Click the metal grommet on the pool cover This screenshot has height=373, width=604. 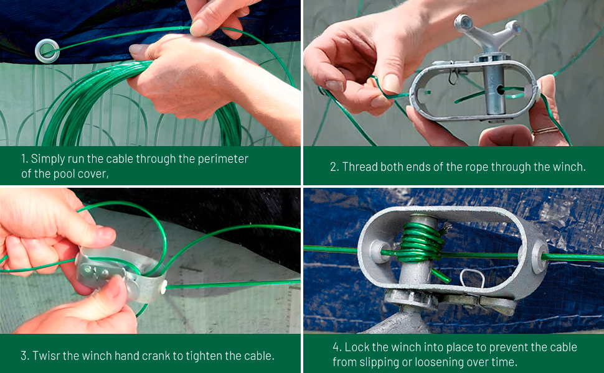coord(47,50)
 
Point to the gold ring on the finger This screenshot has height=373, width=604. coord(544,130)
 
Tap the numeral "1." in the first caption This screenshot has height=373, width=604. coord(25,159)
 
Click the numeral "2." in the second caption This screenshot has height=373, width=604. coord(334,167)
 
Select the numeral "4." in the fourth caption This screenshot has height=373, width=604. coord(337,347)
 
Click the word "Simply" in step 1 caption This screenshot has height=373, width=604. coord(47,159)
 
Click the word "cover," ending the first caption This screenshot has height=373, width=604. coord(95,173)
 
